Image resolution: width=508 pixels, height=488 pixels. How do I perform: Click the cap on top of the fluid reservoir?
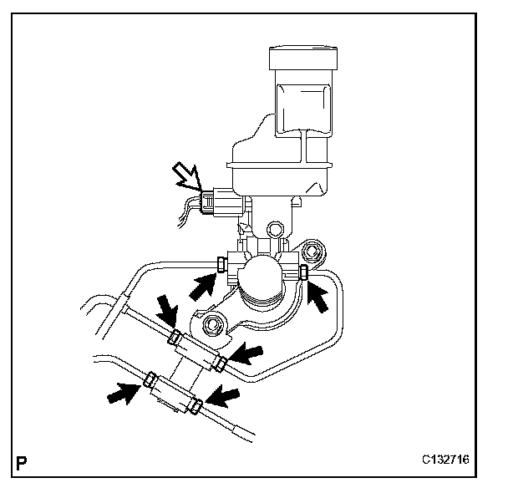303,58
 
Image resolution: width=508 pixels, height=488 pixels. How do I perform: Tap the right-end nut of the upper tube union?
220,361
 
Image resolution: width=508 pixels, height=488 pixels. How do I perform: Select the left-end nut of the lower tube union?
151,381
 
